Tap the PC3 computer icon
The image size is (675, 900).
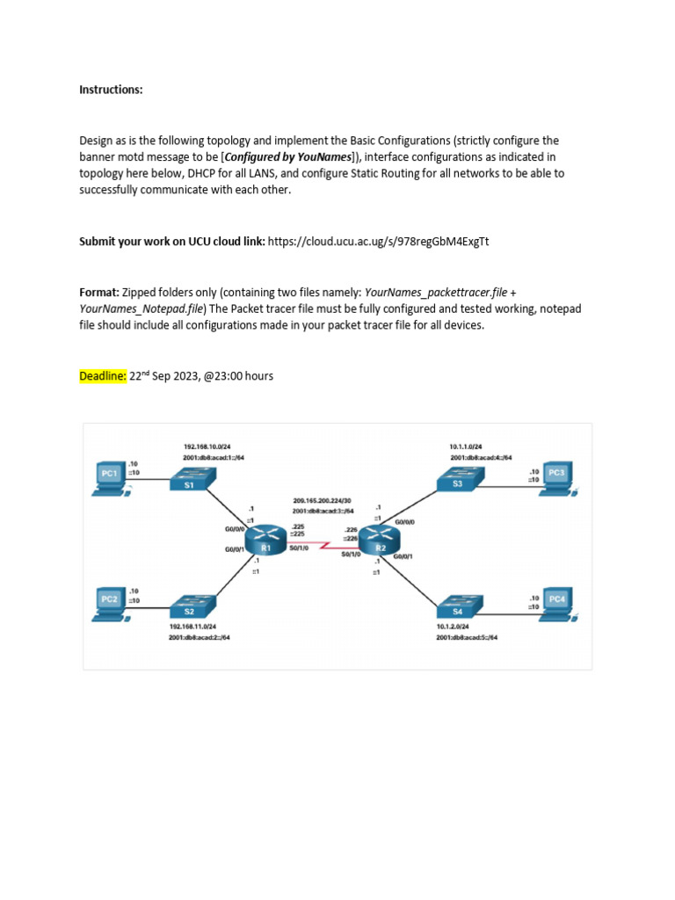pos(555,475)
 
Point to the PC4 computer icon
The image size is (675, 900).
pos(557,601)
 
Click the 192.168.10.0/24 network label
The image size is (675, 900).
pos(207,446)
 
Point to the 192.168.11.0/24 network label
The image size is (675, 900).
pos(194,627)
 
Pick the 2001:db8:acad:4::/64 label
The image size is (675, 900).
pos(481,458)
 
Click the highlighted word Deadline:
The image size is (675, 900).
pos(103,376)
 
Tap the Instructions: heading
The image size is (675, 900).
pos(111,90)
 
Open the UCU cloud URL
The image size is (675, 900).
pos(378,240)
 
